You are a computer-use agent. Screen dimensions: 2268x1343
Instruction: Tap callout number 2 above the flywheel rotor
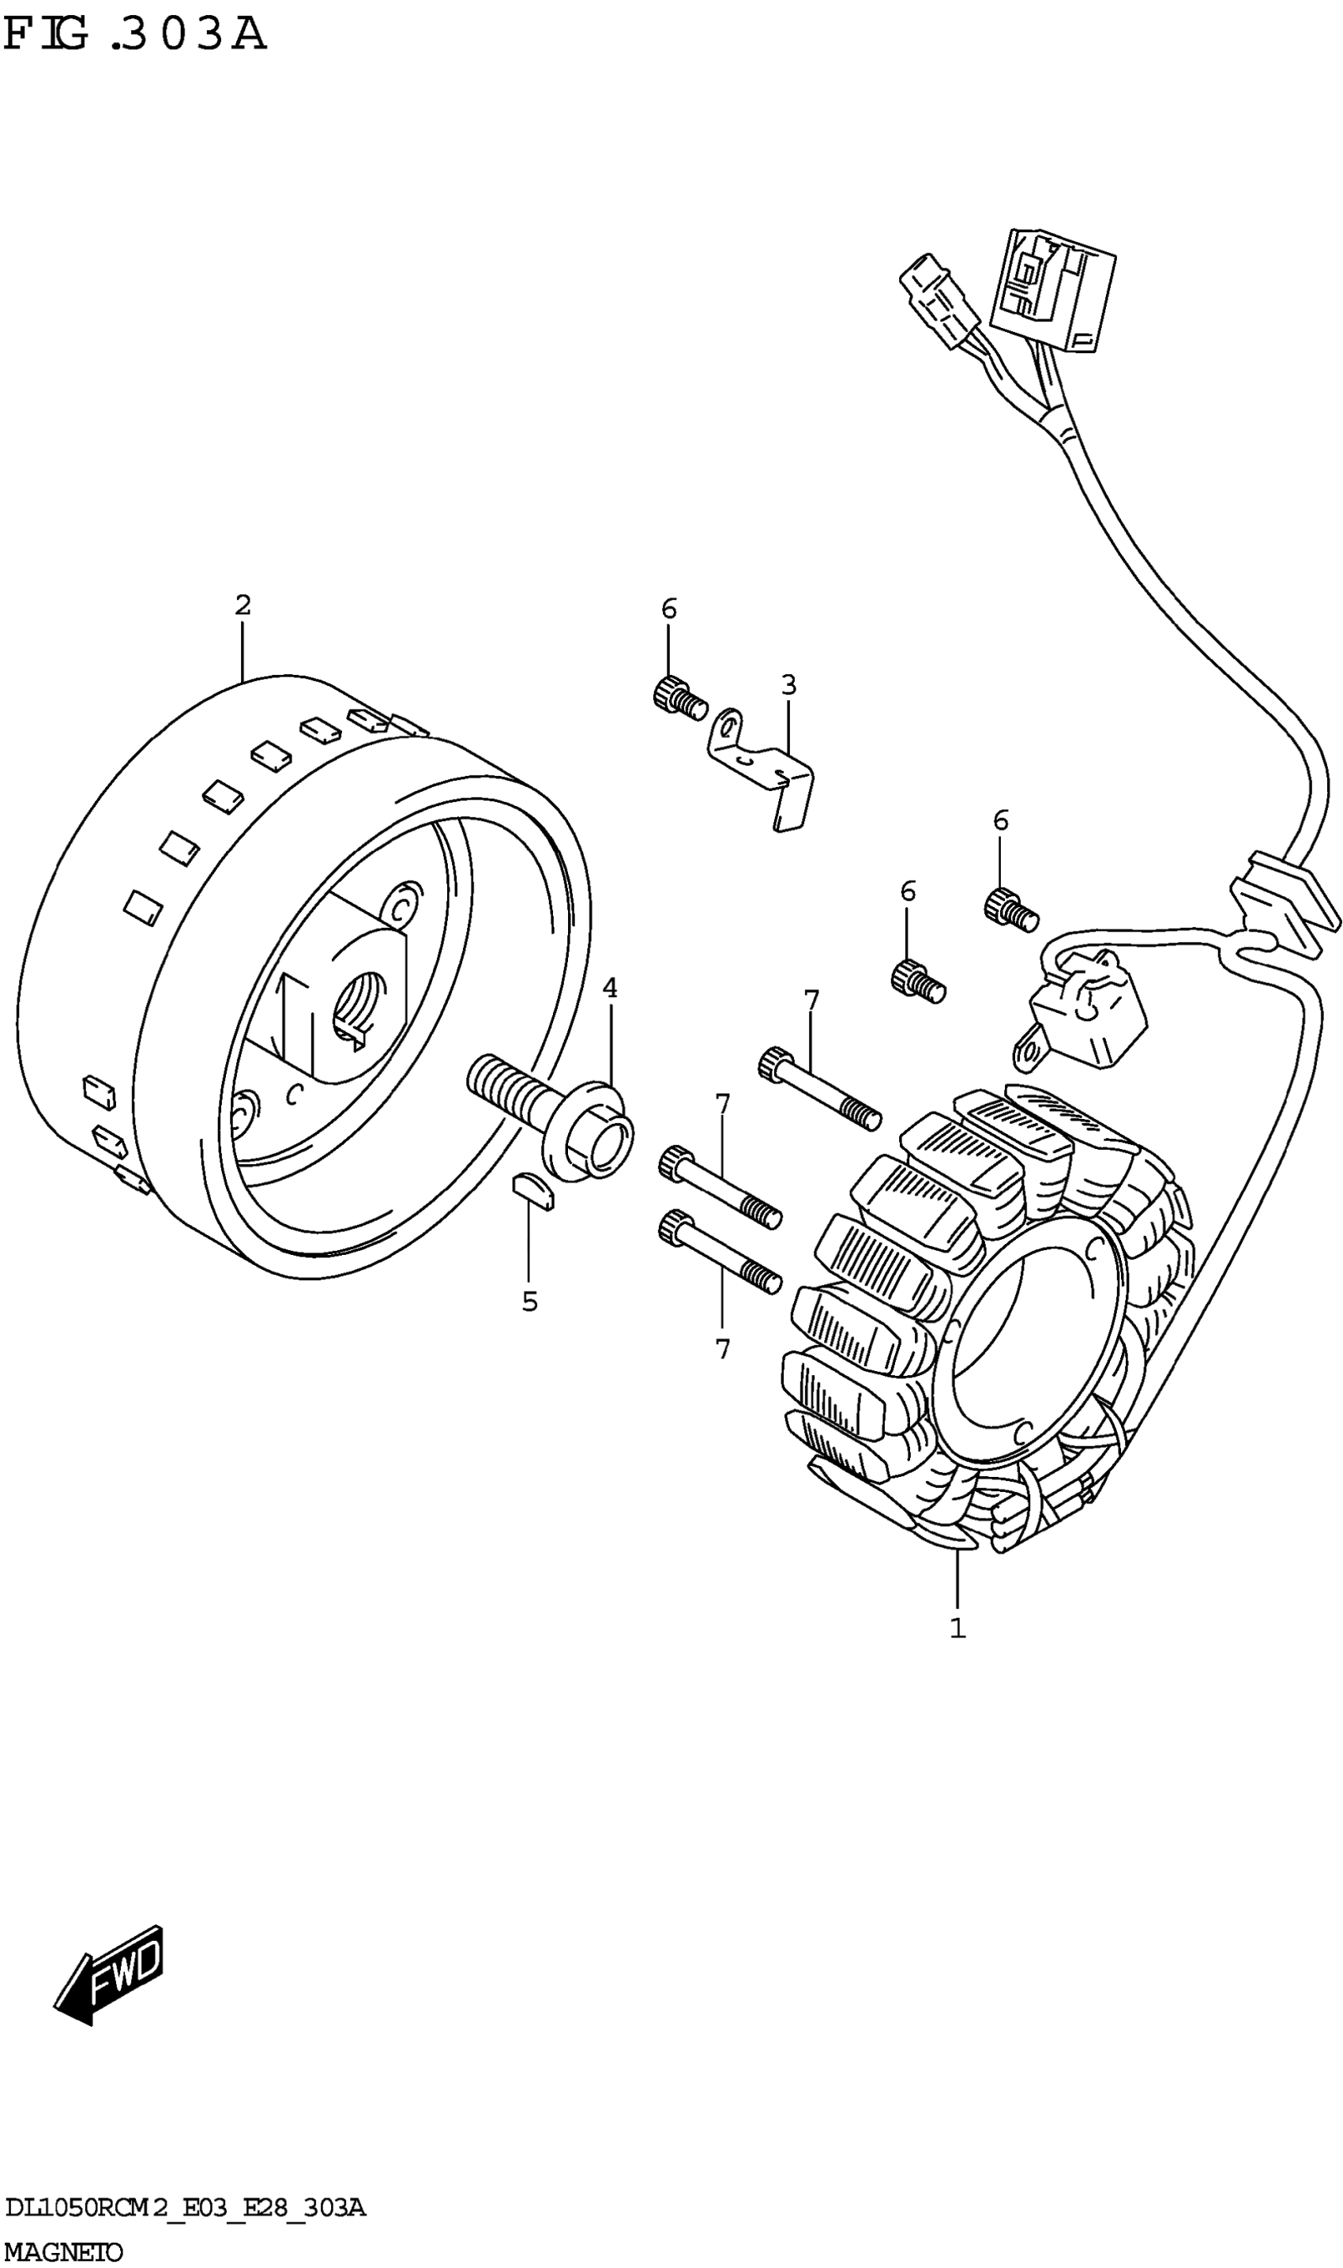[243, 605]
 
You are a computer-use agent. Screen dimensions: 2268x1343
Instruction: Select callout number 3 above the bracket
[788, 685]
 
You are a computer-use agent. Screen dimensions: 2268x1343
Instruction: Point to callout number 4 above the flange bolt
[610, 987]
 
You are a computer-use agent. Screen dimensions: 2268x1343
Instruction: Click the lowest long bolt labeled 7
[720, 1252]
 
